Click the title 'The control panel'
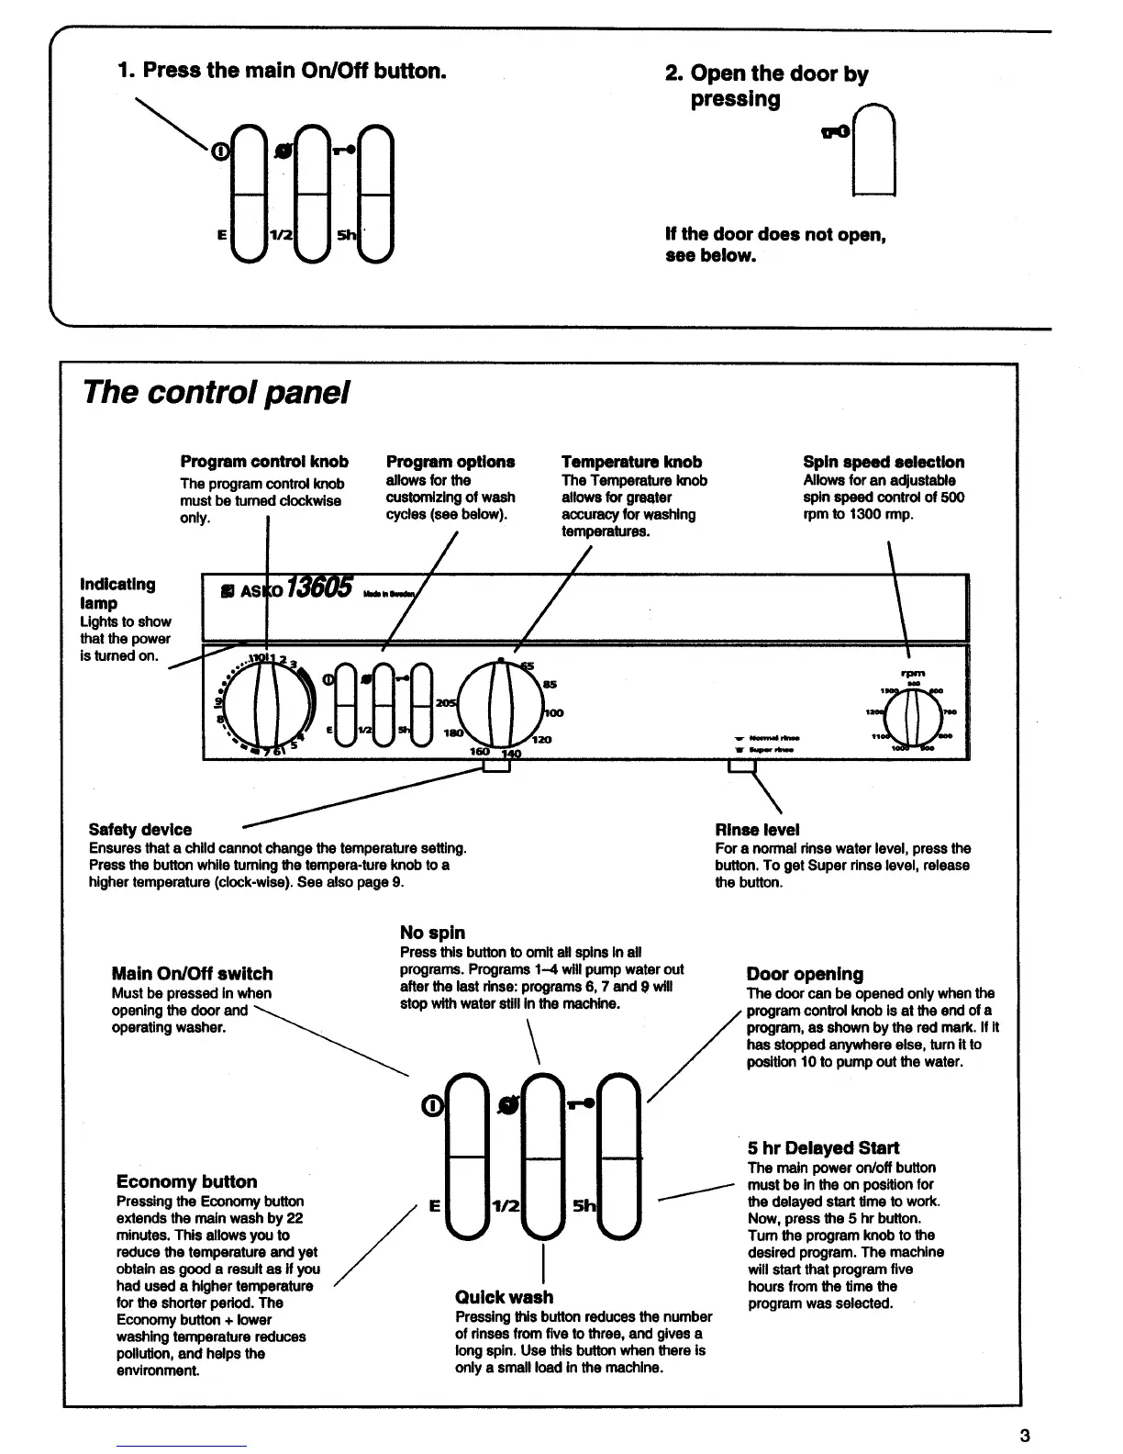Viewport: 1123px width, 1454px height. point(216,393)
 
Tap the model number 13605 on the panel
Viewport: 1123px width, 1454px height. point(319,588)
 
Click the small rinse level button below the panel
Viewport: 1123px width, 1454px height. point(740,767)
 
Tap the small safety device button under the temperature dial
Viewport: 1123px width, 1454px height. point(496,765)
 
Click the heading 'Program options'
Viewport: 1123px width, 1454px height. point(450,462)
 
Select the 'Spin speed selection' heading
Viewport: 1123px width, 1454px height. point(883,462)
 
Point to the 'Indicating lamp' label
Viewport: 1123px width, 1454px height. point(118,593)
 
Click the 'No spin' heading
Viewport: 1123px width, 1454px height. point(432,933)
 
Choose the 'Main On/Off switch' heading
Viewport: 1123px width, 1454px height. point(192,974)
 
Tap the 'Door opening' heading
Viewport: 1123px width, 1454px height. point(805,974)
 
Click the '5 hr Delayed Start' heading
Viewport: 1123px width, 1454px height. point(823,1147)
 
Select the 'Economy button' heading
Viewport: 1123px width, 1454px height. point(186,1181)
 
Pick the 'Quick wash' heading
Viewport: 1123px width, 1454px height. point(504,1297)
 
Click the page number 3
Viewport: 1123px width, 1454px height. point(1025,1437)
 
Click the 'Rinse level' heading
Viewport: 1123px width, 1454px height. point(757,830)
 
